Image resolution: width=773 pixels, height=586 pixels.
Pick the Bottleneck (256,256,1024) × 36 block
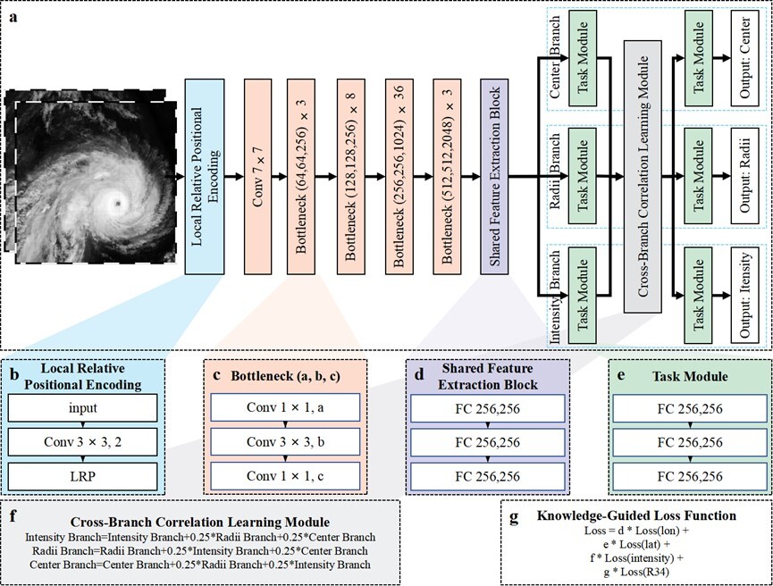(x=402, y=177)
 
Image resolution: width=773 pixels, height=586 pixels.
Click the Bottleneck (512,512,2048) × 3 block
(x=450, y=177)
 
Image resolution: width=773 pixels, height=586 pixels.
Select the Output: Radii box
(x=744, y=177)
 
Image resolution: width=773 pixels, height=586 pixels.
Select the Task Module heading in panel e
(x=684, y=376)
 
